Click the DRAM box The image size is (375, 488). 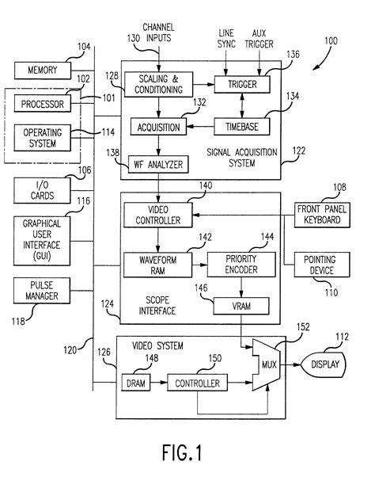tap(133, 383)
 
